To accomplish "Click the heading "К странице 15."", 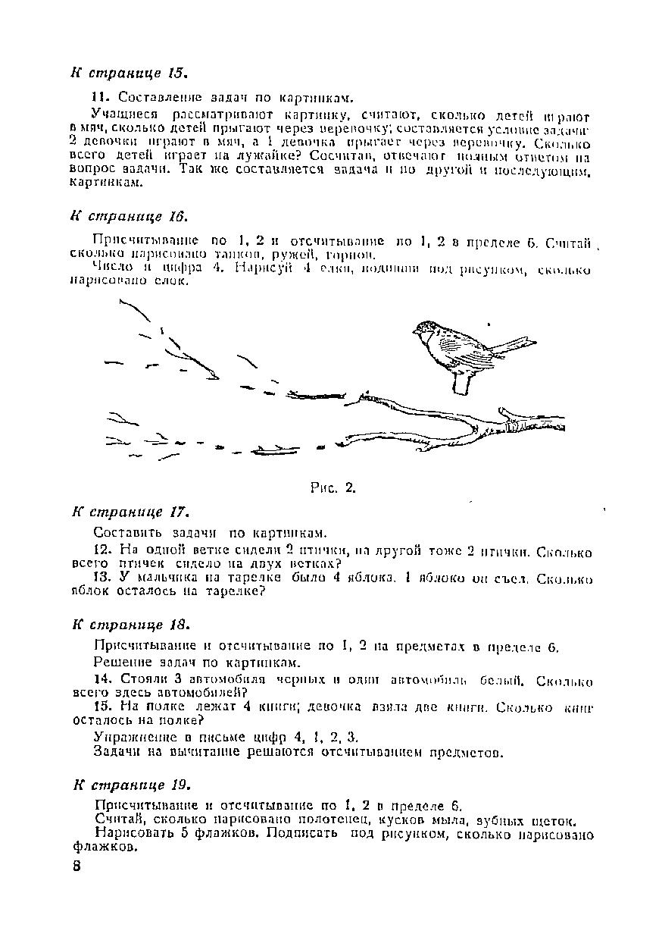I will coord(128,74).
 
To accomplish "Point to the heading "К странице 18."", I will coord(130,625).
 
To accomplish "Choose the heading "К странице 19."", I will coord(131,784).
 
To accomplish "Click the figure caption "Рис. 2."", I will coord(333,487).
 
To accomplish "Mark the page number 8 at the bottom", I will coord(77,867).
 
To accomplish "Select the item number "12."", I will coord(102,551).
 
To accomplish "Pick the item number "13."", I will coord(102,578).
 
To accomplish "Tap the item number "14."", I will coord(102,681).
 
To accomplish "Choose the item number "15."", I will coord(102,707).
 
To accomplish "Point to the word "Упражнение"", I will coord(131,737).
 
